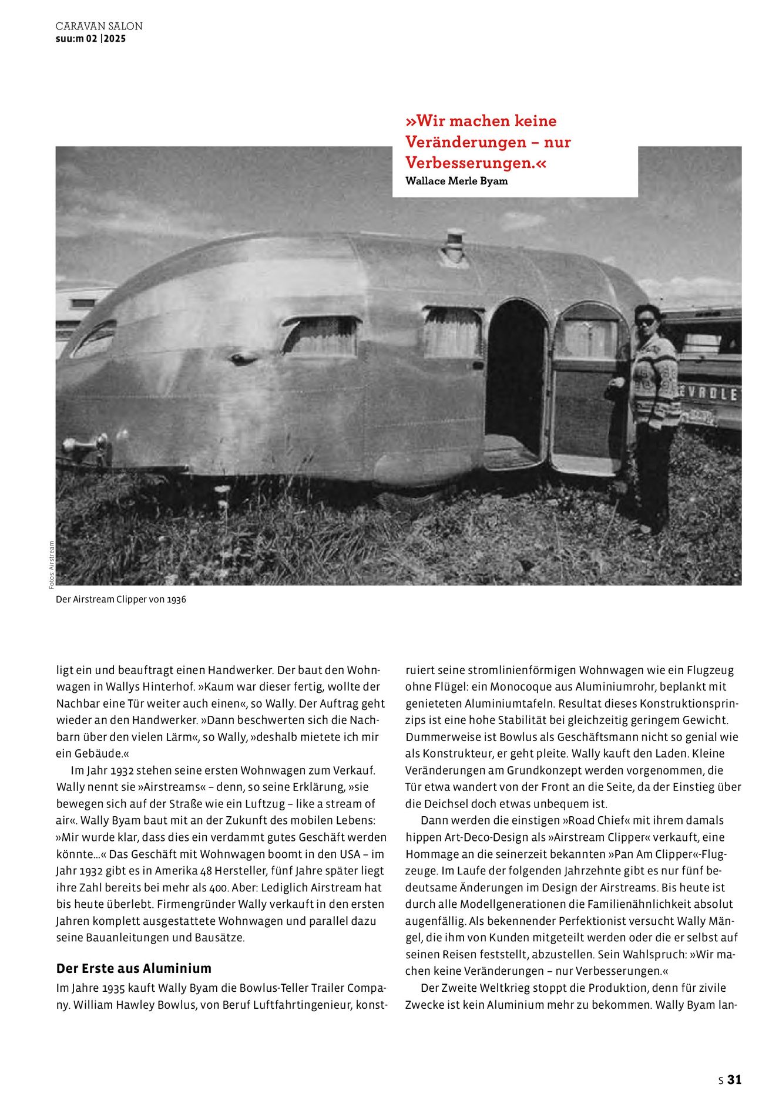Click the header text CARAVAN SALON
coord(99,26)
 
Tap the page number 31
coord(734,1079)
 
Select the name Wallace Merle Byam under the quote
coord(456,181)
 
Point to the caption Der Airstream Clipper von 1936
coord(121,600)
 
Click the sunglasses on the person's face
coord(646,322)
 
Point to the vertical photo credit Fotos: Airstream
coord(51,564)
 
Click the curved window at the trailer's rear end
coord(94,339)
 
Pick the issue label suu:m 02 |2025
coord(90,39)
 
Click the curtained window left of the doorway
coord(321,336)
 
